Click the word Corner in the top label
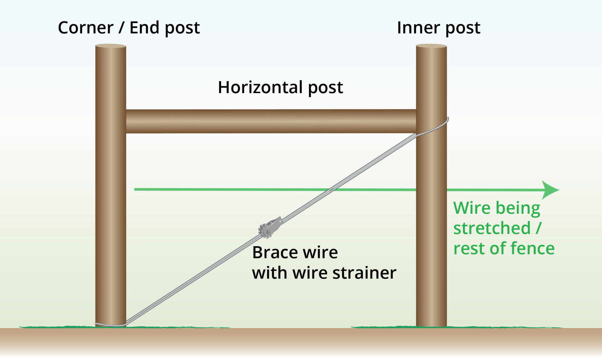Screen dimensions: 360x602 click(x=86, y=28)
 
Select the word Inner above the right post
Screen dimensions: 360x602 click(x=417, y=28)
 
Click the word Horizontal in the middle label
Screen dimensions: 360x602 click(x=260, y=87)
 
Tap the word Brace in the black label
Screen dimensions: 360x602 click(x=271, y=252)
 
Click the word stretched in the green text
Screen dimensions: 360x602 click(x=491, y=228)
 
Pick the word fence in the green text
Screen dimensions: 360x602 click(x=532, y=249)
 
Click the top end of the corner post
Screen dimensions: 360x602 click(x=111, y=46)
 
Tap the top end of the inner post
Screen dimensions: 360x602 click(x=431, y=46)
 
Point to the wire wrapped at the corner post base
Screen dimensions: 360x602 click(x=111, y=325)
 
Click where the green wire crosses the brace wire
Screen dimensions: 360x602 click(x=332, y=190)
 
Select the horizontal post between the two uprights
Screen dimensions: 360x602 click(x=270, y=121)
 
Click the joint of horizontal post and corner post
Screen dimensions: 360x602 click(x=126, y=121)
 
